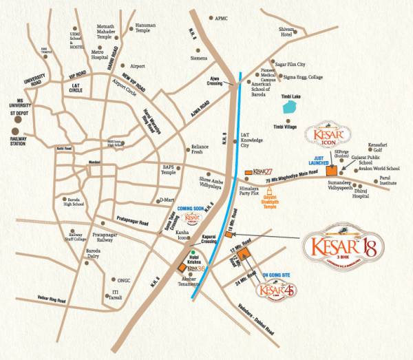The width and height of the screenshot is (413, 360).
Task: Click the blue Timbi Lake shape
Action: [x=291, y=108]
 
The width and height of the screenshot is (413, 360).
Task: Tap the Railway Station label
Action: [x=22, y=140]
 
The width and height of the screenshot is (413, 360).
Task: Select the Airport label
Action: [x=137, y=66]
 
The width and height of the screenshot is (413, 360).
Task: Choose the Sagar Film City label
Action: [x=290, y=63]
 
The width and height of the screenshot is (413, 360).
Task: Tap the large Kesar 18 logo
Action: [x=342, y=247]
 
